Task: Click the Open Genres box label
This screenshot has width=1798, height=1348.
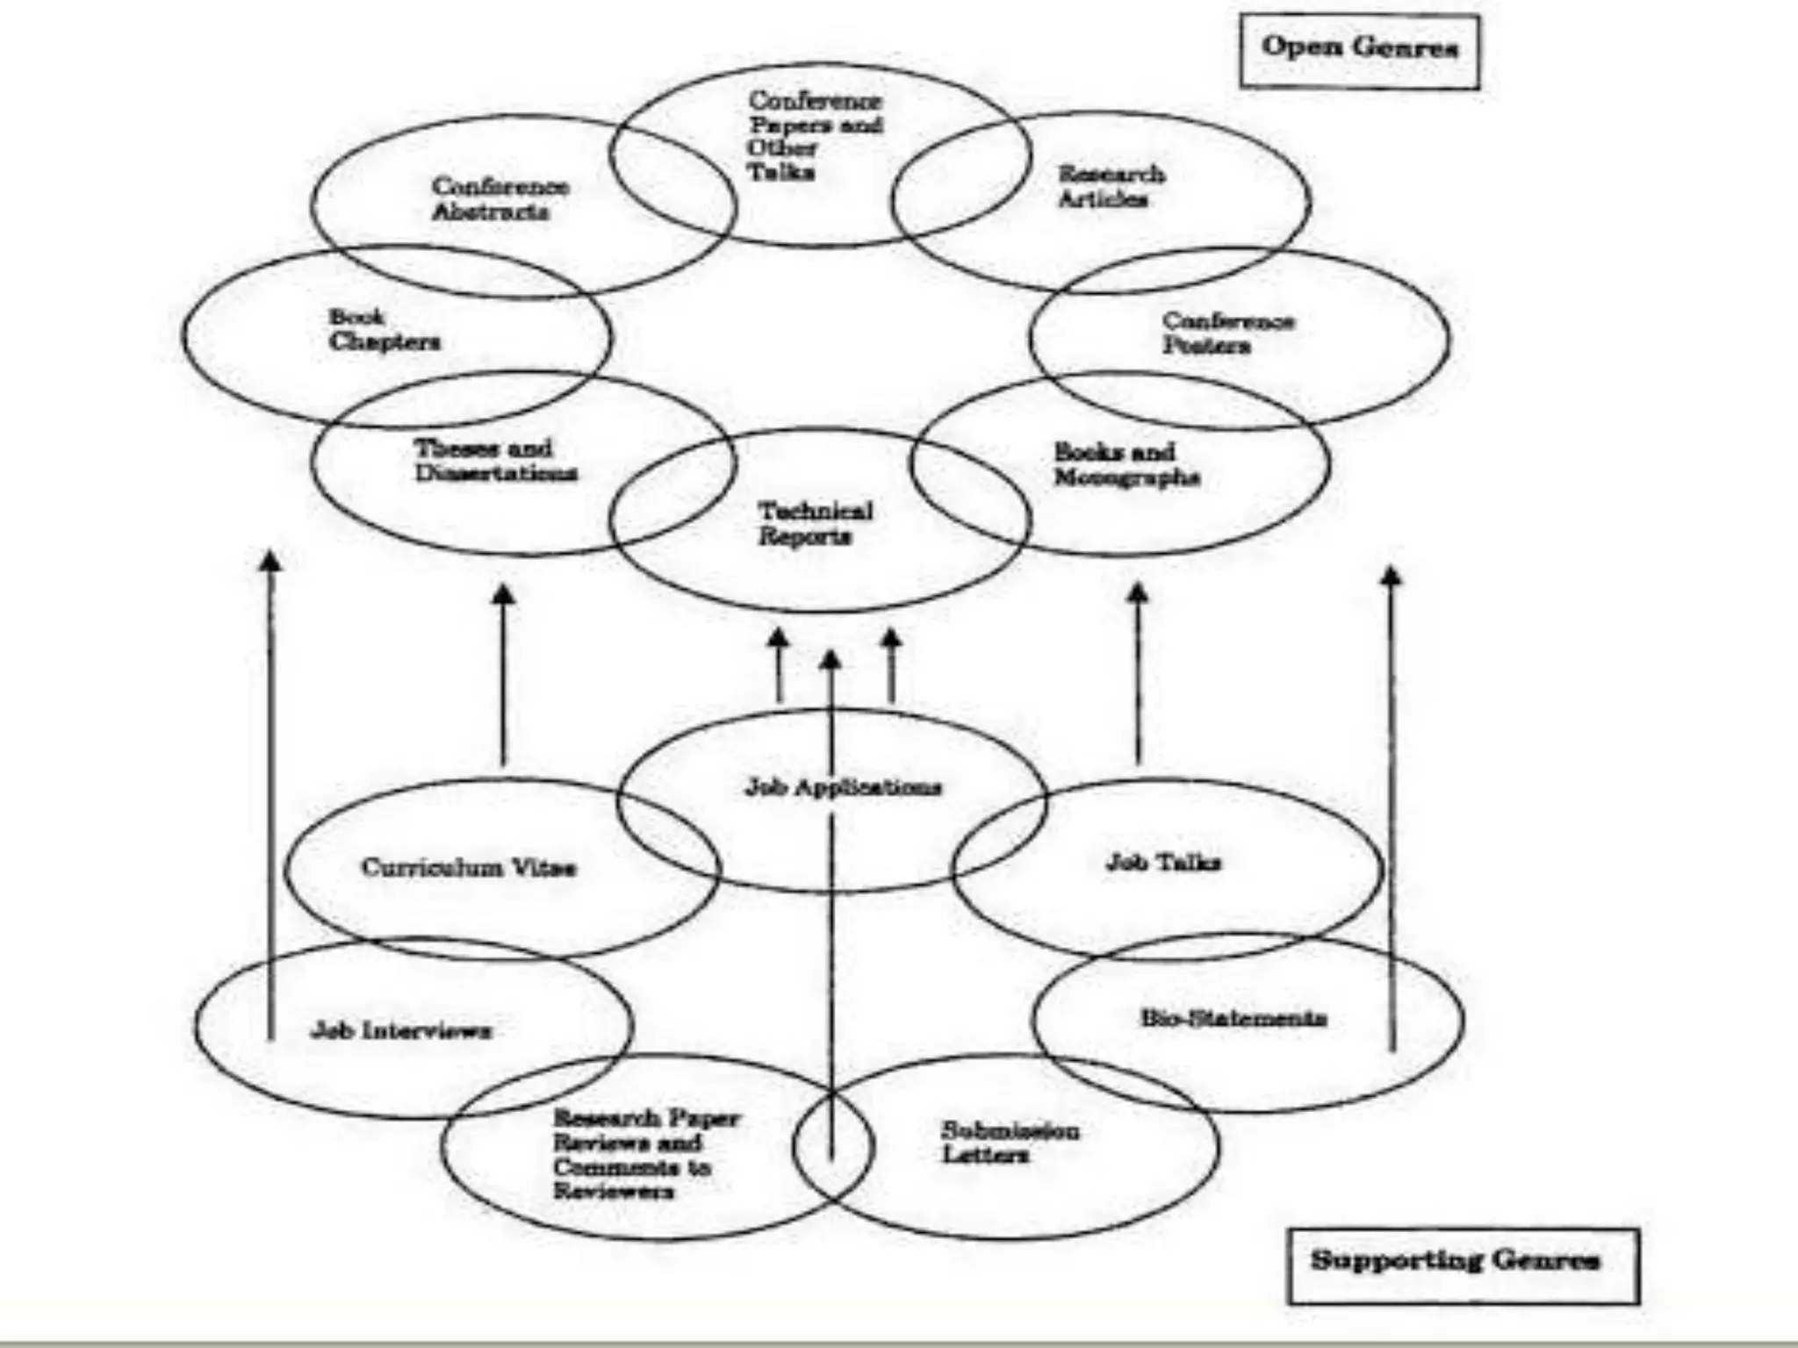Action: click(x=1359, y=47)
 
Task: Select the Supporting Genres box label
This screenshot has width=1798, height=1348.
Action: click(x=1455, y=1260)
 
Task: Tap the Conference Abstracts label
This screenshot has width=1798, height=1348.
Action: click(x=499, y=199)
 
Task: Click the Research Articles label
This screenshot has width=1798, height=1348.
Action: click(x=1111, y=187)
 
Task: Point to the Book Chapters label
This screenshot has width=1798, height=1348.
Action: click(x=384, y=330)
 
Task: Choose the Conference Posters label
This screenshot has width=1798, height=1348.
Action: click(x=1227, y=333)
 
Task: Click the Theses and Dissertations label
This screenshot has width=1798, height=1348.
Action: click(x=495, y=461)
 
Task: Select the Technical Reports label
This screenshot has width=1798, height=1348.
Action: click(x=815, y=524)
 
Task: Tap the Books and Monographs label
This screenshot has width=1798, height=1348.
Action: click(x=1126, y=465)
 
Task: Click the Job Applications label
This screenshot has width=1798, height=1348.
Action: click(x=843, y=787)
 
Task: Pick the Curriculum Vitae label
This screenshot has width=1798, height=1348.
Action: click(x=468, y=868)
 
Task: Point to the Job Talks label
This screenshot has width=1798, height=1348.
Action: click(x=1162, y=864)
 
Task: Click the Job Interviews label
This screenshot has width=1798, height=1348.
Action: click(x=401, y=1030)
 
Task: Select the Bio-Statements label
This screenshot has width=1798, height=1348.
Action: click(x=1233, y=1019)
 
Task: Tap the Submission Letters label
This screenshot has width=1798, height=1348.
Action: click(x=1010, y=1143)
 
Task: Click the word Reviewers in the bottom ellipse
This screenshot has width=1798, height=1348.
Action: click(x=613, y=1192)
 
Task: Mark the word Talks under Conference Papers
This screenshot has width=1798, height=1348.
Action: click(x=780, y=172)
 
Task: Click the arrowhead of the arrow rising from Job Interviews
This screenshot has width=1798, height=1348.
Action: click(x=271, y=560)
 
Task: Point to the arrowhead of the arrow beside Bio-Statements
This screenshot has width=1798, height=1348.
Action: click(x=1391, y=576)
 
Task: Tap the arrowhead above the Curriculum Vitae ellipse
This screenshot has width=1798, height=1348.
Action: click(x=503, y=594)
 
